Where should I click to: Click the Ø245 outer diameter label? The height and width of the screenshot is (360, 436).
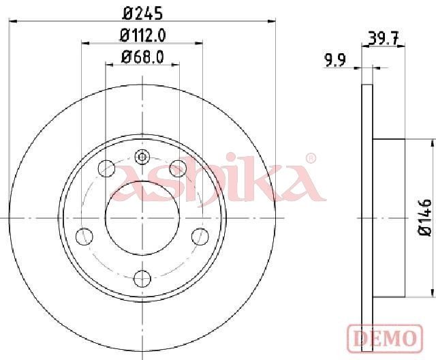tap(142, 14)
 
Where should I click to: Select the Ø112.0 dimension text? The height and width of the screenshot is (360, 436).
tap(142, 35)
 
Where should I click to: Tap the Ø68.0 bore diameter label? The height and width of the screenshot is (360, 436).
tap(142, 57)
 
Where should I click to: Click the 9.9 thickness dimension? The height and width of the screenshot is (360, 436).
tap(335, 61)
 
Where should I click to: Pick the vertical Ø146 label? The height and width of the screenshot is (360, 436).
tap(425, 217)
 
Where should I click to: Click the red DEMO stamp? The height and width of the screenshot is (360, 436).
tap(385, 338)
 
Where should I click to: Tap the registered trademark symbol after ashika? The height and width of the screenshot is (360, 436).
tap(311, 158)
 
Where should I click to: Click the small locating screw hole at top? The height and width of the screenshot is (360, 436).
tap(142, 157)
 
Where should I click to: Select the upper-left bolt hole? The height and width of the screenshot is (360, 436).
tap(107, 168)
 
